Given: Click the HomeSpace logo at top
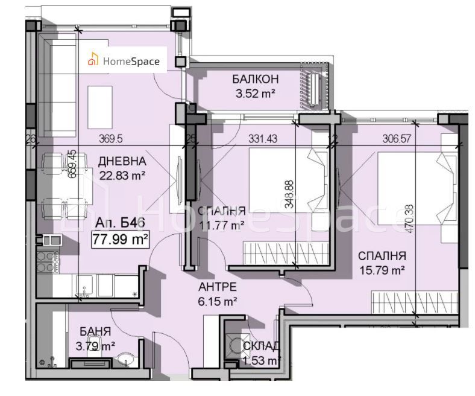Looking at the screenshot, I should (124, 60).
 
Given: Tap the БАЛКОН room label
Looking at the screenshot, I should (254, 80).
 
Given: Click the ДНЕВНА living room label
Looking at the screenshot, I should (122, 161).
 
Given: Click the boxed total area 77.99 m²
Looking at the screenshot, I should (121, 240).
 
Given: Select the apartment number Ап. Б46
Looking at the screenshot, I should (120, 223).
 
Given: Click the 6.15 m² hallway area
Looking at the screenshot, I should (218, 300).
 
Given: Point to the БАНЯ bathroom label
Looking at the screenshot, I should (95, 331).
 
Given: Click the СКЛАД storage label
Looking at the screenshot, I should (261, 346).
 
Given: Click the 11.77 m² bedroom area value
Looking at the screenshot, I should (221, 225).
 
